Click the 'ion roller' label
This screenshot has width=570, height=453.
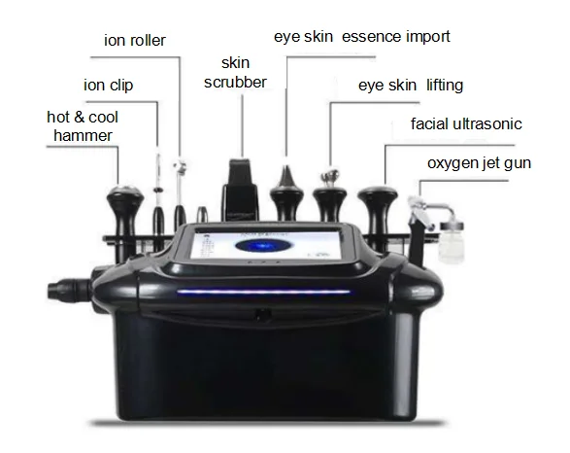[135, 40]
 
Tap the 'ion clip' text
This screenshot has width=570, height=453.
[109, 86]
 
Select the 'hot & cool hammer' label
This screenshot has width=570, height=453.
[83, 126]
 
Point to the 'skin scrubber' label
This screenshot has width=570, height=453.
[235, 73]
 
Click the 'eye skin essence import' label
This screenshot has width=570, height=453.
[361, 37]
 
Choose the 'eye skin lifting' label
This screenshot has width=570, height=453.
[411, 86]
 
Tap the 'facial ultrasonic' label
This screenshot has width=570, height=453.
[466, 124]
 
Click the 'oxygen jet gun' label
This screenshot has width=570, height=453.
[479, 163]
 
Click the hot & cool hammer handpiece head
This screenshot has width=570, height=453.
[124, 192]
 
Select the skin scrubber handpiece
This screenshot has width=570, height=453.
[240, 190]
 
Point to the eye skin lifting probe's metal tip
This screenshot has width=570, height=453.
[330, 176]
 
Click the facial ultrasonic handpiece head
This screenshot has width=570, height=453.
[378, 194]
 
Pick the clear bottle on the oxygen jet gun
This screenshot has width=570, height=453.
[452, 242]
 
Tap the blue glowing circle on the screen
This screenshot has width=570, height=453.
[261, 246]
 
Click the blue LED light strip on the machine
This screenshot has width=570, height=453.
[263, 292]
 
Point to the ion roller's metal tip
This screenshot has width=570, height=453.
[180, 166]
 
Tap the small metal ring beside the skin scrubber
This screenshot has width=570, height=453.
[203, 214]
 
